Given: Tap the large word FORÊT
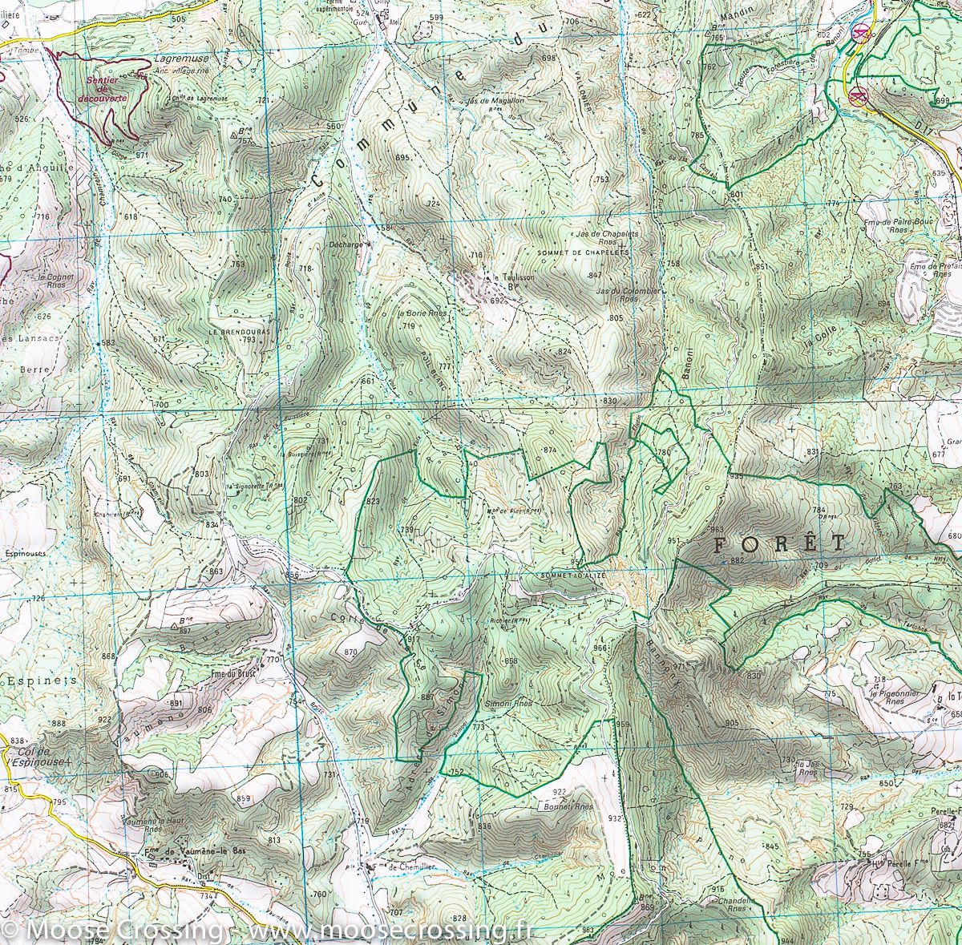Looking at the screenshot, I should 778,543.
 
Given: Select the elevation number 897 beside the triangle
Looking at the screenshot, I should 186,632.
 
